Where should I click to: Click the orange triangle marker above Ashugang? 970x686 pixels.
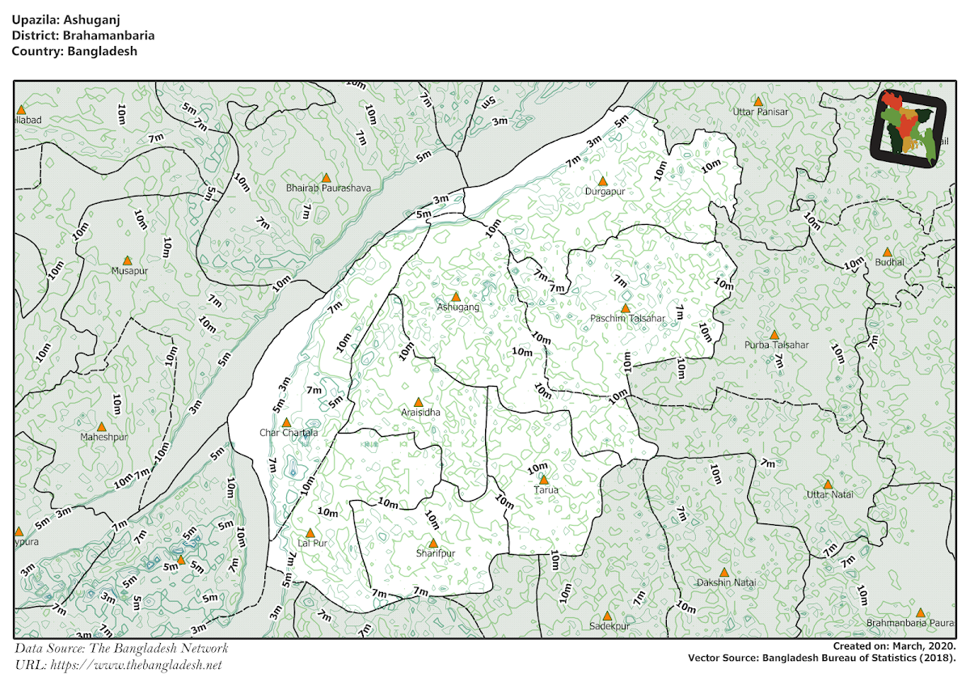coord(456,297)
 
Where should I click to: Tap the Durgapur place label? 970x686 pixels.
coord(605,192)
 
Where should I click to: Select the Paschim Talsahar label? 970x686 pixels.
coord(627,319)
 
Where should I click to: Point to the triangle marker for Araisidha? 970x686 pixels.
coord(418,402)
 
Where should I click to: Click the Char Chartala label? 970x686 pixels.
coord(289,433)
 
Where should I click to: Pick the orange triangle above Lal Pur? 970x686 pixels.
coord(310,533)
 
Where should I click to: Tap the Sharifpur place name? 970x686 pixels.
coord(436,553)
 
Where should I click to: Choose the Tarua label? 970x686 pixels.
coord(546,489)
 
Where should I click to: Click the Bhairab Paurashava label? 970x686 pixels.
coord(329,188)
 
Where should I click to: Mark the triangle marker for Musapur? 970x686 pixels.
coord(127,260)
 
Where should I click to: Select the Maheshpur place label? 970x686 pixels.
coord(104,437)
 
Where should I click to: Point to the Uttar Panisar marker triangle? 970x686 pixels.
coord(758,102)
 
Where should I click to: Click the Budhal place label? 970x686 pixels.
coord(889,263)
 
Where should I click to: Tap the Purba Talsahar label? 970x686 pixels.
coord(776,345)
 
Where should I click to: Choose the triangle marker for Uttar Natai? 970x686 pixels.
coord(828,484)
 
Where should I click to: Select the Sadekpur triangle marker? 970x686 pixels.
coord(607,616)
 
